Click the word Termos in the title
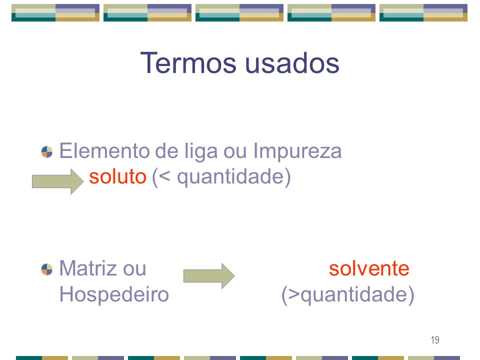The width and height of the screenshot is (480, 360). coord(188,63)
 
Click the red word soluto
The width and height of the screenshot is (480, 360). coord(117,176)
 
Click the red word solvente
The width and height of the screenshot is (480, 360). coord(369,268)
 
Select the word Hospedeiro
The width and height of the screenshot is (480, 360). coord(114,294)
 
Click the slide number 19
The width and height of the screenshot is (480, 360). coord(435,340)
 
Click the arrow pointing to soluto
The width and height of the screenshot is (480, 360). coord(58,181)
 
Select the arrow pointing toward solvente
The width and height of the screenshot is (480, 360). coord(209,276)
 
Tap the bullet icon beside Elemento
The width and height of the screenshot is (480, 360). coord(47,152)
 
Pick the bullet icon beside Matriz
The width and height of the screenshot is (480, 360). coord(47,269)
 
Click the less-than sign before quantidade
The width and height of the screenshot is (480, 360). coord(164,177)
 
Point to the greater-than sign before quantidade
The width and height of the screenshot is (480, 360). coord(294,294)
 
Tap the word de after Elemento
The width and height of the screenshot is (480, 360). coord(167,151)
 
